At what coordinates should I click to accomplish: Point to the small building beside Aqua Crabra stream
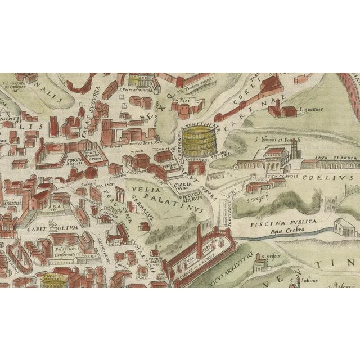[341, 226]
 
